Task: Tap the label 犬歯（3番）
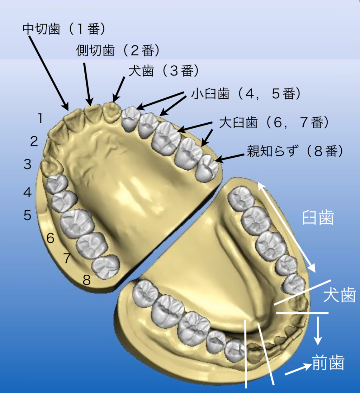click(x=163, y=71)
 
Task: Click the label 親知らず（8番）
click(x=294, y=152)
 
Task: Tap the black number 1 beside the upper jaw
click(x=41, y=119)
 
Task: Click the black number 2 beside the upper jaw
click(x=34, y=142)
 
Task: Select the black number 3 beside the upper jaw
click(x=28, y=164)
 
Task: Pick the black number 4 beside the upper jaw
click(x=28, y=192)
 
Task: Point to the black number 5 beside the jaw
click(x=28, y=215)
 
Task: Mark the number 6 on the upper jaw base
click(x=50, y=239)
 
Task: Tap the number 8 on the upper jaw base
click(x=86, y=280)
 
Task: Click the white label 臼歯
click(x=318, y=218)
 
